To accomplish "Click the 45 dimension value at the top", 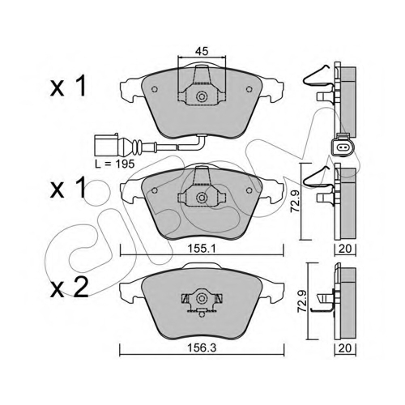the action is tap(202, 51).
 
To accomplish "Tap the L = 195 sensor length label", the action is tap(115, 164).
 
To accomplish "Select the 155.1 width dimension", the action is tap(202, 249).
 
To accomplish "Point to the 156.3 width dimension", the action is tap(202, 348).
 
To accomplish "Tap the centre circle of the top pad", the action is tap(202, 96).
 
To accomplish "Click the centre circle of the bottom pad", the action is tap(201, 298).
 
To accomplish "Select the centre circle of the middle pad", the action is tap(201, 198).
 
